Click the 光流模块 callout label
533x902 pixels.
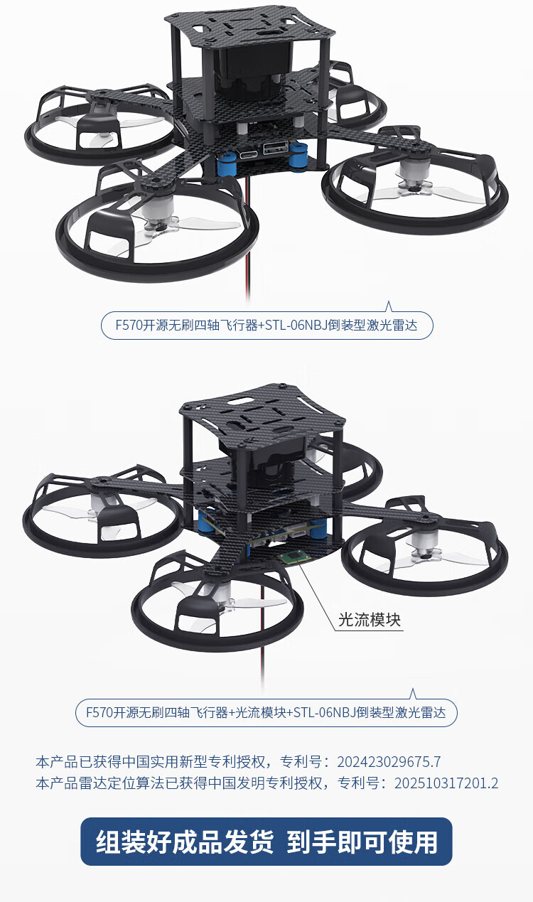pyautogui.click(x=369, y=620)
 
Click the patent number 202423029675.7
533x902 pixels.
pyautogui.click(x=389, y=762)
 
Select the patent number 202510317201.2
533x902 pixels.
pyautogui.click(x=446, y=783)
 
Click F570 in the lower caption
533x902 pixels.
pyautogui.click(x=99, y=712)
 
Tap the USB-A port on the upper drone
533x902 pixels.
pyautogui.click(x=275, y=147)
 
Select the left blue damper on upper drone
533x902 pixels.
pyautogui.click(x=226, y=164)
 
